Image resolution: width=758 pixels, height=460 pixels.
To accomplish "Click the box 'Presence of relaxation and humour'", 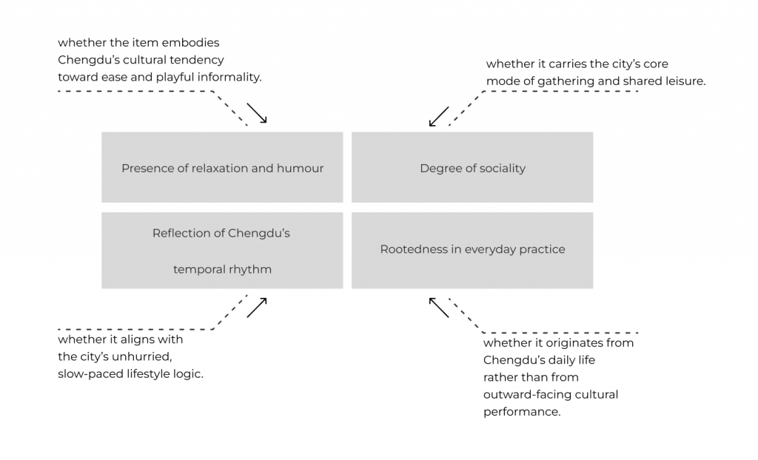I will pos(222,167).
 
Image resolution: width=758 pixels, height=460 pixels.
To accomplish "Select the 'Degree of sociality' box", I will pos(472,167).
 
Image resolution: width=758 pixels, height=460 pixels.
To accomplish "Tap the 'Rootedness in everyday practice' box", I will pos(472,250).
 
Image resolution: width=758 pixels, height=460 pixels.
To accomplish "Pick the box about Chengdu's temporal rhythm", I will pos(222,251).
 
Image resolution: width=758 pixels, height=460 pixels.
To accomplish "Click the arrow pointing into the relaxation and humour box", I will pos(256,112).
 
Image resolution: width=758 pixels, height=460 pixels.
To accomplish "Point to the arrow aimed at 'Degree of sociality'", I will pos(439,117).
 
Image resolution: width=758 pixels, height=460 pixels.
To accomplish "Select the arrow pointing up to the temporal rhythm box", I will pos(256,308).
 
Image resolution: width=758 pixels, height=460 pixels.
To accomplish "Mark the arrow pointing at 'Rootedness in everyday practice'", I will pos(439,307).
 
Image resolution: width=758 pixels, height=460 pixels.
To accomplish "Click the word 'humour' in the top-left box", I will pos(301,168).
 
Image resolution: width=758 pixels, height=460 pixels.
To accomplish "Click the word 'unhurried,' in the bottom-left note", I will pos(147,356).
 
